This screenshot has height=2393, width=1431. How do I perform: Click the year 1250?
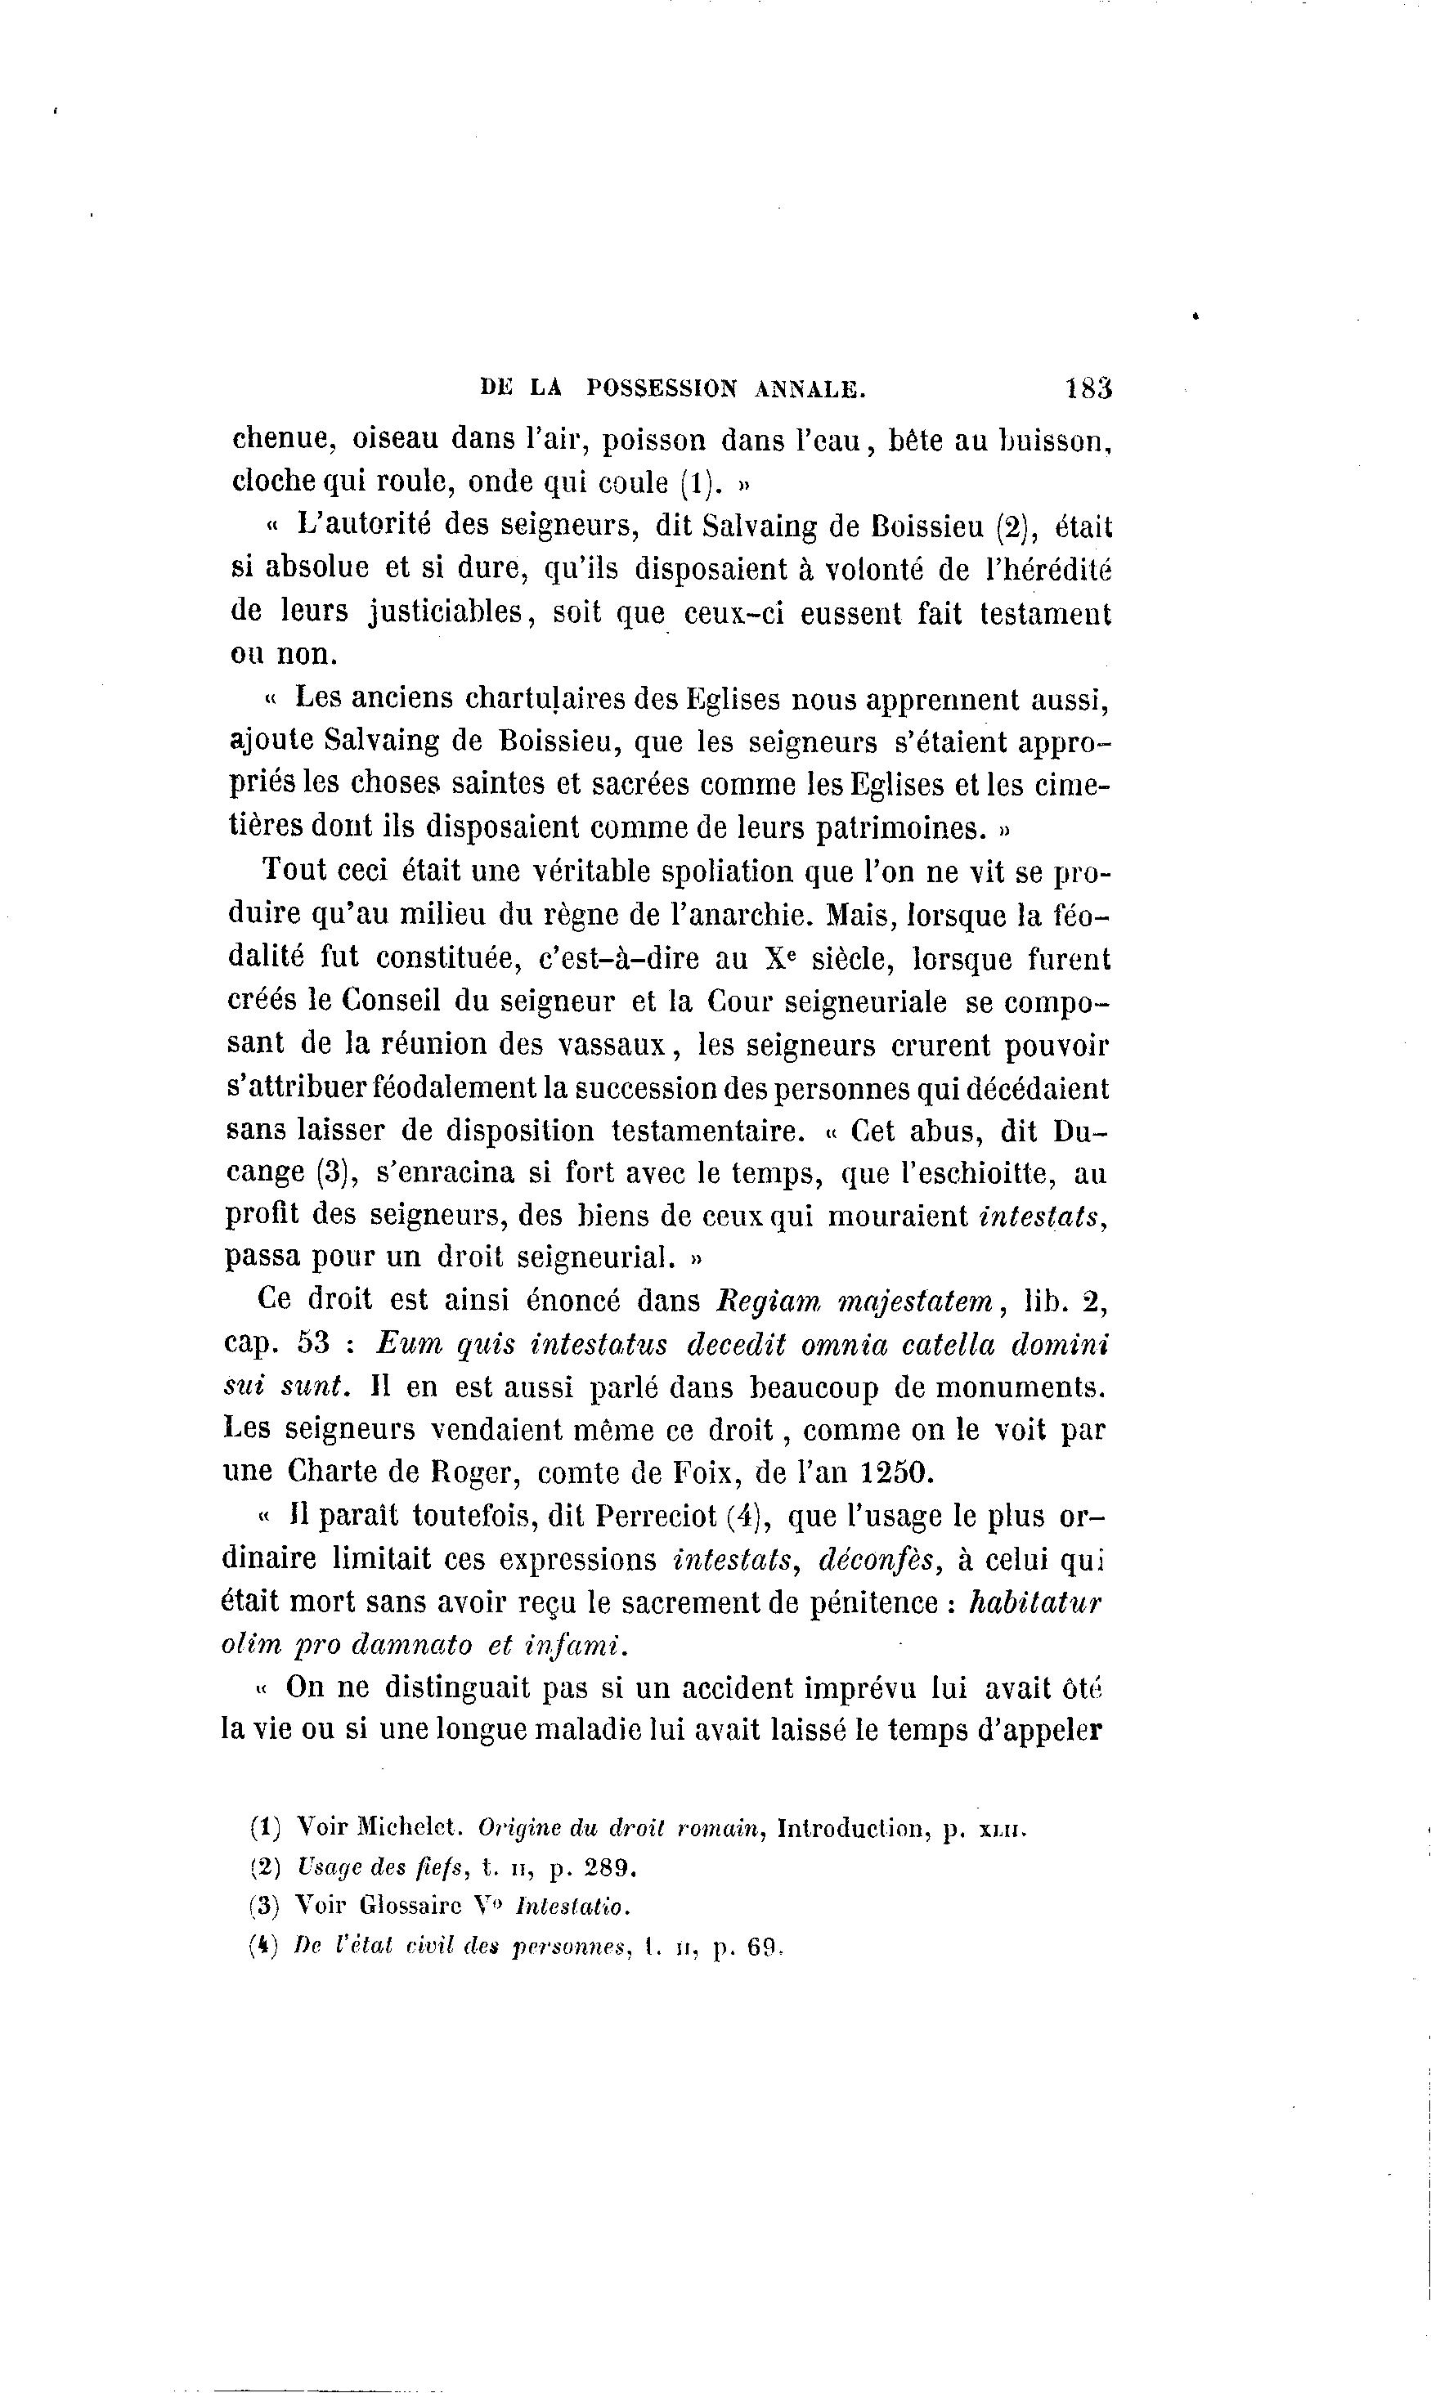tap(897, 1472)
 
